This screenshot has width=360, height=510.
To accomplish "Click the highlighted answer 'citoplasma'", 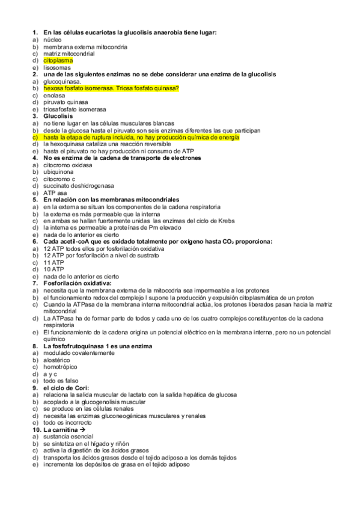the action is (x=58, y=61).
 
